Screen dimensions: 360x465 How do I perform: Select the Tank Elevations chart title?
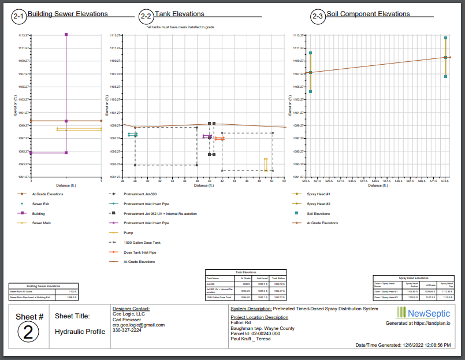[x=180, y=14]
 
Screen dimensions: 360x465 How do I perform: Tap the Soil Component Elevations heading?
[x=368, y=14]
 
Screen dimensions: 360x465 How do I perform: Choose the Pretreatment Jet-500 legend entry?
[x=140, y=194]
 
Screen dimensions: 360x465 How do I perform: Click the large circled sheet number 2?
[x=29, y=332]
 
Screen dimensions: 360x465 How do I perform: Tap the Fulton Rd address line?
[x=240, y=323]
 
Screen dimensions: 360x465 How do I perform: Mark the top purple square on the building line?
[x=66, y=35]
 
